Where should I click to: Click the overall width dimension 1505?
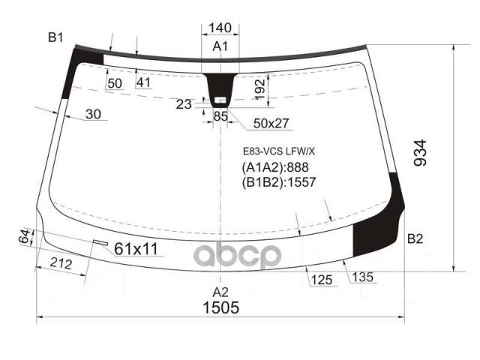[x=220, y=307]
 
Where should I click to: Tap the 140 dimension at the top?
[x=220, y=28]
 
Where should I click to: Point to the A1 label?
[x=220, y=47]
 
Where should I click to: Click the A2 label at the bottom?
[x=220, y=291]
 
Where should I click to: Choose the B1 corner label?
[x=56, y=37]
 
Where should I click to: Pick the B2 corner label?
[x=415, y=239]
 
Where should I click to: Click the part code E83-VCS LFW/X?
[x=277, y=150]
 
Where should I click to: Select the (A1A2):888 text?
[x=274, y=167]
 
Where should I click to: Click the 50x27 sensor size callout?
[x=271, y=123]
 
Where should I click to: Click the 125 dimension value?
[x=320, y=280]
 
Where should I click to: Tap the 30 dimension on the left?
[x=93, y=114]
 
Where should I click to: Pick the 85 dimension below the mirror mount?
[x=220, y=116]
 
